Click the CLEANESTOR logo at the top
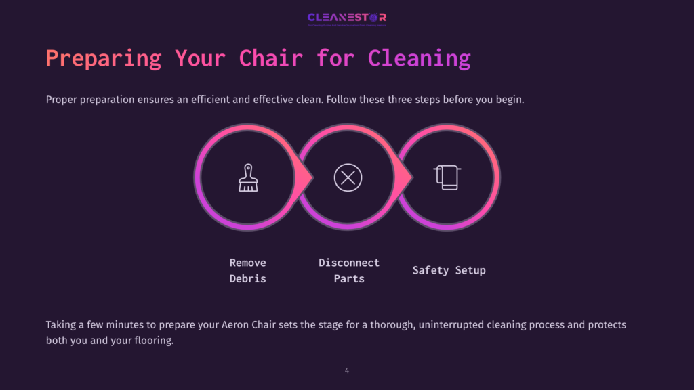click(x=346, y=18)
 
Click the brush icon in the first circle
click(x=248, y=178)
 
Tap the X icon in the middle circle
click(x=348, y=178)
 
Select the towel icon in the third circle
click(x=446, y=177)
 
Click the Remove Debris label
click(x=247, y=270)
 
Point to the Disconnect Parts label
click(x=349, y=270)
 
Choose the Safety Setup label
click(x=449, y=270)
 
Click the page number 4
click(x=347, y=370)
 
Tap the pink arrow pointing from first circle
click(x=304, y=177)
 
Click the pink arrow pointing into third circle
click(x=405, y=177)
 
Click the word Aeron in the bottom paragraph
click(x=237, y=325)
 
